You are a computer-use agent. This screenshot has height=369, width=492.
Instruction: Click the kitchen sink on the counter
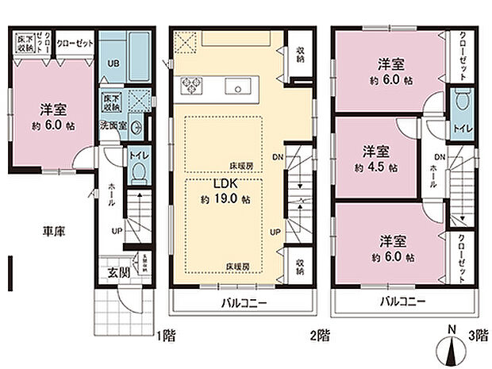tap(238, 86)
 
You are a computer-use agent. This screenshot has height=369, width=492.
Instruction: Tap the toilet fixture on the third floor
tap(463, 102)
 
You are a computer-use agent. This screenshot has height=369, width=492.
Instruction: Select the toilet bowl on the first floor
tap(139, 171)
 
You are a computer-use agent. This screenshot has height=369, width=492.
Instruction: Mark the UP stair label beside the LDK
tap(275, 232)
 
